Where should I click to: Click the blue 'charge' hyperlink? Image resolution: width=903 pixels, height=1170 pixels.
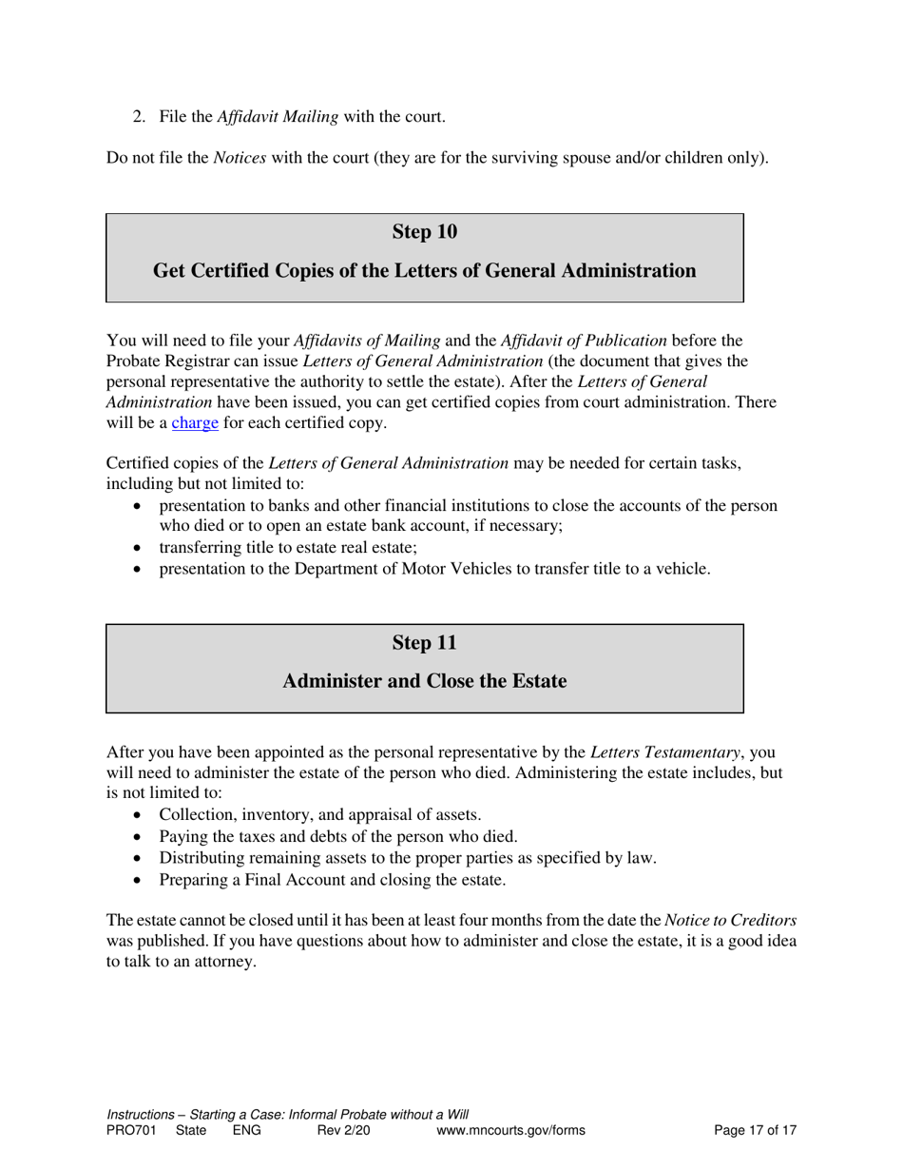(x=195, y=423)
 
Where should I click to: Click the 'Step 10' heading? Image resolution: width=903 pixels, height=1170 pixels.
(x=424, y=232)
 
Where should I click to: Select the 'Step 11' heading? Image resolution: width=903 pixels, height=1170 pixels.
(x=424, y=643)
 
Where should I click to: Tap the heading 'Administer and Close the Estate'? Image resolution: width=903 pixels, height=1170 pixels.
(x=424, y=682)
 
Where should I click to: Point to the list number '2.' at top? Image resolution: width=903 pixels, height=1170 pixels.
(x=139, y=117)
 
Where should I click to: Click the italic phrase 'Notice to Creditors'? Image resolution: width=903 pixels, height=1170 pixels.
(x=730, y=920)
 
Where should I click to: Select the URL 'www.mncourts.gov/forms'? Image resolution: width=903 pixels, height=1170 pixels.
(x=510, y=1131)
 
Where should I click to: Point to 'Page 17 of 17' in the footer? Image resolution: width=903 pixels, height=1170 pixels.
(x=755, y=1131)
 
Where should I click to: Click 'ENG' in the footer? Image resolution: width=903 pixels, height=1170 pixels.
(x=246, y=1131)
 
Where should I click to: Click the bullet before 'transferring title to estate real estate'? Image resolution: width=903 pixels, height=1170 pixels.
(x=141, y=549)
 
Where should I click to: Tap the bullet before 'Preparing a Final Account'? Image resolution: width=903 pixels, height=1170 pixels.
(x=141, y=881)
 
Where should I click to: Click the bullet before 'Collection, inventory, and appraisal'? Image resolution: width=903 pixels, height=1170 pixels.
(x=141, y=815)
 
